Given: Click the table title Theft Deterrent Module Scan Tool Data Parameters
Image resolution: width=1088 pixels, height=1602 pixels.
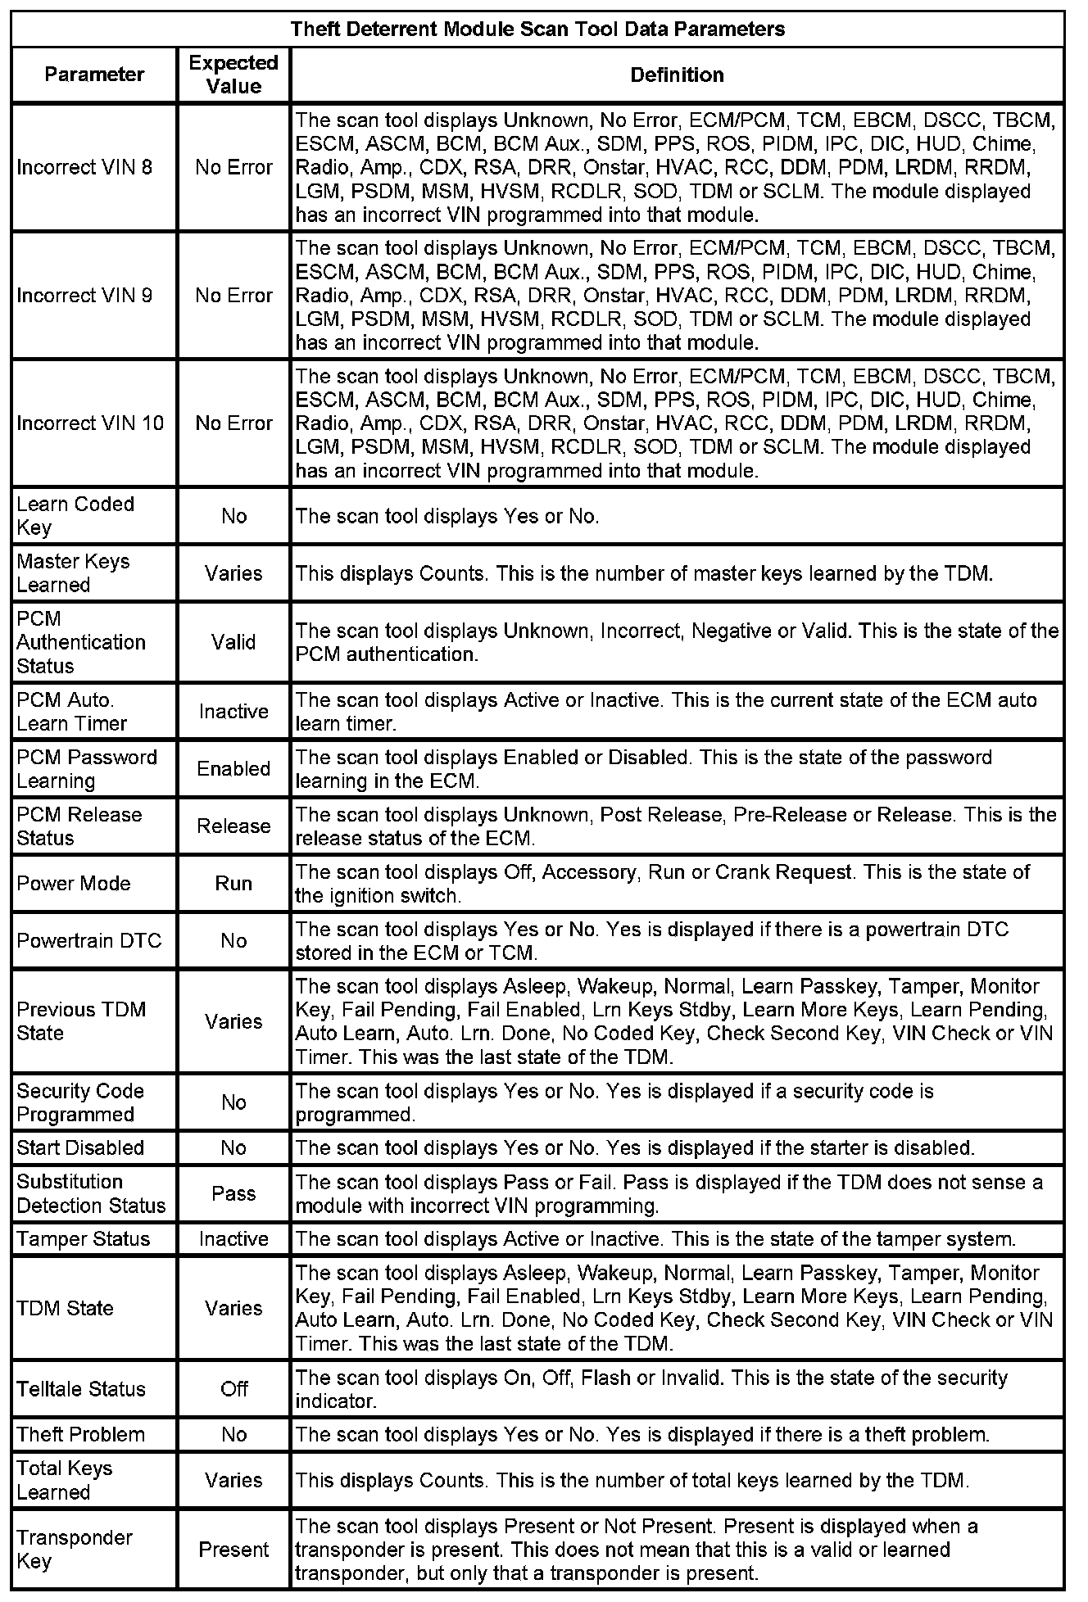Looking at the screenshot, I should (x=537, y=29).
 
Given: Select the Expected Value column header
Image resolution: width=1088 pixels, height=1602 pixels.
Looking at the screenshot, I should (x=233, y=75).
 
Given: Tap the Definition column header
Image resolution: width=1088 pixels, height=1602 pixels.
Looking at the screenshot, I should (x=677, y=75).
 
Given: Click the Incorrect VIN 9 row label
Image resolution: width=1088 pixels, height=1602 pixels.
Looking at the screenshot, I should (x=84, y=295).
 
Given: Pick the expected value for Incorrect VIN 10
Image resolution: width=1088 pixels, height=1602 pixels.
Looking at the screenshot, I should (x=233, y=423).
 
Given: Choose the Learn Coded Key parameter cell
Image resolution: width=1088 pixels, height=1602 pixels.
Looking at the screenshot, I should (x=75, y=515).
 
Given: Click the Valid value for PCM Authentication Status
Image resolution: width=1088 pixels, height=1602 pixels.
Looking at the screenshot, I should (x=233, y=642).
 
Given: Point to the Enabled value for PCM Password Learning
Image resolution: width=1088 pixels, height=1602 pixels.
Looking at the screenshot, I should (x=233, y=768).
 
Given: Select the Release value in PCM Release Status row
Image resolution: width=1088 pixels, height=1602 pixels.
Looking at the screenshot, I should (x=233, y=826).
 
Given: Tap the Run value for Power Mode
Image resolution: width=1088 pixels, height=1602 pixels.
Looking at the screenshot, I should (x=233, y=883).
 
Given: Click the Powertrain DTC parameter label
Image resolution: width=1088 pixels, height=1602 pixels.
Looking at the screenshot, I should (x=89, y=940).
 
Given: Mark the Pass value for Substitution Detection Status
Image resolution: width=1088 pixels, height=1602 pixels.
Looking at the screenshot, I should (x=233, y=1193).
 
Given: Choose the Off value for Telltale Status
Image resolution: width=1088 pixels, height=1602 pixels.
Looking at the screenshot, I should (x=233, y=1389).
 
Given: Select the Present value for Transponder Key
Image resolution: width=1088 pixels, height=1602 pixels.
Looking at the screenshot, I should (x=233, y=1550).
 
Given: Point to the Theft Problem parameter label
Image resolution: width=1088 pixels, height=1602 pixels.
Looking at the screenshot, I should (x=80, y=1434).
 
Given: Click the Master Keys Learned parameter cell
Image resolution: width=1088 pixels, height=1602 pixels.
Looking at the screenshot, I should (x=73, y=572).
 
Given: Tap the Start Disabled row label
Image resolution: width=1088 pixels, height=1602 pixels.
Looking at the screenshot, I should (x=80, y=1147).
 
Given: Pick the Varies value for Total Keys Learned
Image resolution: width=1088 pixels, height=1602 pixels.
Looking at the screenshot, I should (x=233, y=1480).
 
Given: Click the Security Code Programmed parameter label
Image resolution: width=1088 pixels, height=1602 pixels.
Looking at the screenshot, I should (x=80, y=1102).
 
